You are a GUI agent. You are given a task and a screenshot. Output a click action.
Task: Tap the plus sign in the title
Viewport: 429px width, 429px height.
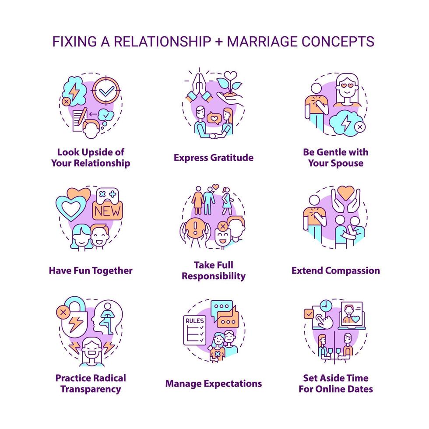[x=220, y=42]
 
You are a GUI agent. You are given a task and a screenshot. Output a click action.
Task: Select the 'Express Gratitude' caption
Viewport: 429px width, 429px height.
[x=214, y=158]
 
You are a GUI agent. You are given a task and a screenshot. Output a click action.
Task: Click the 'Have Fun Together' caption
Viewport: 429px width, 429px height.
[x=91, y=270]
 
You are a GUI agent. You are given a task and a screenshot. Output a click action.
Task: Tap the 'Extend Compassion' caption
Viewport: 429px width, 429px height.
[x=336, y=270]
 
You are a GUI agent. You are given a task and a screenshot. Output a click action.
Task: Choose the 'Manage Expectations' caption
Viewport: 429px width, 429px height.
[x=214, y=384]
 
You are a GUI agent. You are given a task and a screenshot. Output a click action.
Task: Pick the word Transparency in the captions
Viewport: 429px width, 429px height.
[x=91, y=389]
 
